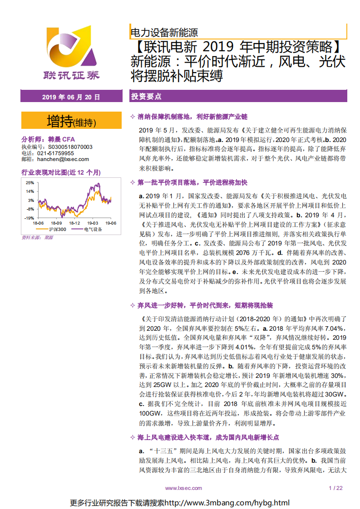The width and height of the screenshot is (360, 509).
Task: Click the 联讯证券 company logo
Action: tap(71, 54)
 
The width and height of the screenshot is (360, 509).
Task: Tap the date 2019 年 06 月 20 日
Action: tap(71, 97)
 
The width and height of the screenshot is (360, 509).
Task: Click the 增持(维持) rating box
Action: tap(71, 122)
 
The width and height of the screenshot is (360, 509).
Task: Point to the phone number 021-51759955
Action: tap(55, 153)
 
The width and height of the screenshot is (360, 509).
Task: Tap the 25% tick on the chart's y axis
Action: tap(30, 182)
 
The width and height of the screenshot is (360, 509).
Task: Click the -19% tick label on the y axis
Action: tap(29, 218)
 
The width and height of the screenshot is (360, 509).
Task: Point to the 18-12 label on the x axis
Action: tap(74, 223)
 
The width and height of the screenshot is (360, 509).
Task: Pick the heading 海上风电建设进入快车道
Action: tap(208, 437)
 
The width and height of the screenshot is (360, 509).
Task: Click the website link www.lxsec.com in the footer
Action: tap(183, 488)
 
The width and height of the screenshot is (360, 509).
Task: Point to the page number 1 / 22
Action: tap(335, 488)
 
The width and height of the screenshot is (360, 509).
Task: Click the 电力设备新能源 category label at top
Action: tap(164, 33)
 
